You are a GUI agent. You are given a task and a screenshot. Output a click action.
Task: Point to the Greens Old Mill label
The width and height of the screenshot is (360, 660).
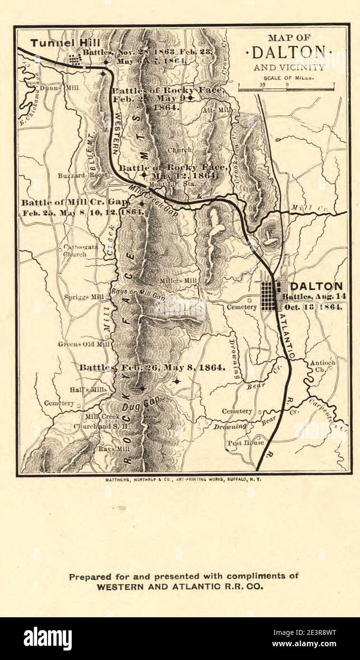(x=77, y=344)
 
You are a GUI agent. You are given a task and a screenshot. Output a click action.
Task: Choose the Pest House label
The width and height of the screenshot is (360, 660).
(x=245, y=443)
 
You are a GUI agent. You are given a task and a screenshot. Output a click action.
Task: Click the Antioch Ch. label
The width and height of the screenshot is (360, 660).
(x=323, y=366)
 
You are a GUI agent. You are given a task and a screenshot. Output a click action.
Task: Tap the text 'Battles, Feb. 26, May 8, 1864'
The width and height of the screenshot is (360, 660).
(x=152, y=368)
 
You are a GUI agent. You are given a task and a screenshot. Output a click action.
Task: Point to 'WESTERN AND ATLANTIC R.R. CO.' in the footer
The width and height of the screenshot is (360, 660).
(x=184, y=586)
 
